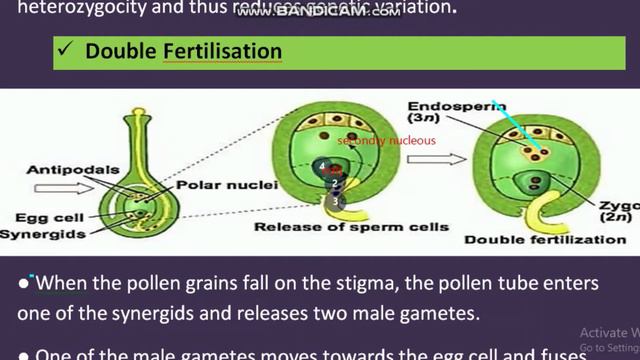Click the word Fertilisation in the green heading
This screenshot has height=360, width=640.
219,51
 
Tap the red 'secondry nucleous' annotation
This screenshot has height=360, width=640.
386,141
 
